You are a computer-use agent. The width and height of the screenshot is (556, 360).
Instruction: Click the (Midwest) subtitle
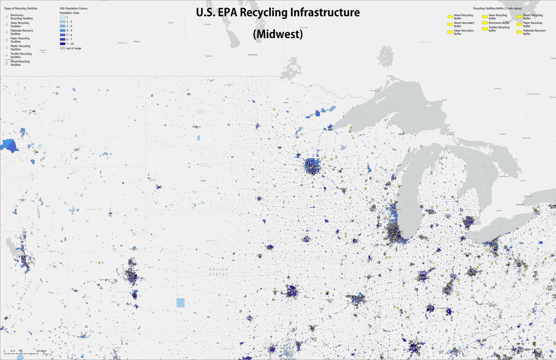(278, 34)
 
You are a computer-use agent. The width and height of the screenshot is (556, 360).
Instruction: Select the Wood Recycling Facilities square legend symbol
(7, 63)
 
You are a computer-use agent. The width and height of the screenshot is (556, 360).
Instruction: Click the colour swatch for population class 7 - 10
(63, 44)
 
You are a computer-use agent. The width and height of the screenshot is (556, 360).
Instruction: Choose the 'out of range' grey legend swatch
(63, 48)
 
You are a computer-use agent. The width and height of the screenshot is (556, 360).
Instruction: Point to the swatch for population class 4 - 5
(63, 31)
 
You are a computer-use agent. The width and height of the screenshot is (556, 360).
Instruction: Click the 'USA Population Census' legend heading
(73, 8)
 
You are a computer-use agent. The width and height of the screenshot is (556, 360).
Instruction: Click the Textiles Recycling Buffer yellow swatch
(485, 29)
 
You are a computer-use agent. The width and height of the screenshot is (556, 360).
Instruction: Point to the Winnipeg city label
(253, 55)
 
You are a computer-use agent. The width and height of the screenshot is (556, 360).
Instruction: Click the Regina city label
(137, 41)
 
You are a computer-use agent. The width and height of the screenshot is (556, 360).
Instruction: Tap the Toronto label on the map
(528, 196)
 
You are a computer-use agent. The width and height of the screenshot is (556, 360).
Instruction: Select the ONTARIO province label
(425, 42)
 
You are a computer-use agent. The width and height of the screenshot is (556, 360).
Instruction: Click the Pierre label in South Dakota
(203, 181)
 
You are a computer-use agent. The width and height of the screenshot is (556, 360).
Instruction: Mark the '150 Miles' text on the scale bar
(41, 351)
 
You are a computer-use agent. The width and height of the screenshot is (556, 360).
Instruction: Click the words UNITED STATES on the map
(219, 272)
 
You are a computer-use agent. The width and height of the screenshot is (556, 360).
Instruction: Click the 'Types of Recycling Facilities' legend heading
(21, 8)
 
